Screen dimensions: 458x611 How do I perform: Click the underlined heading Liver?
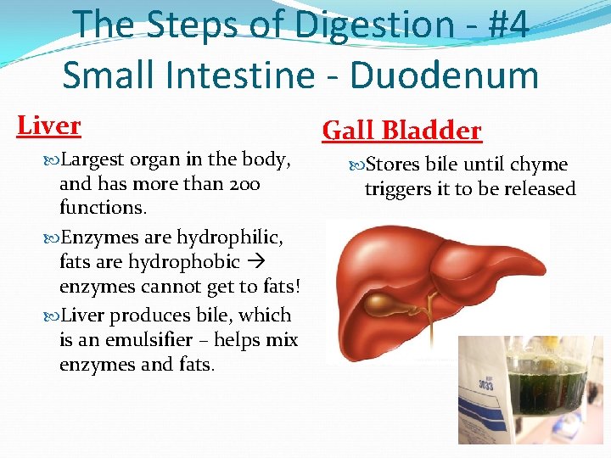click(x=49, y=126)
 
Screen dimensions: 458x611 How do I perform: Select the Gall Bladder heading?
click(x=401, y=131)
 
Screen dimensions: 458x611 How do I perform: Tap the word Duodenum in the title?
click(x=446, y=75)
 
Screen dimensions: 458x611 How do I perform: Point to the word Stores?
click(x=393, y=165)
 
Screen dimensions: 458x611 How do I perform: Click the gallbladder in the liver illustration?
click(x=391, y=303)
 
